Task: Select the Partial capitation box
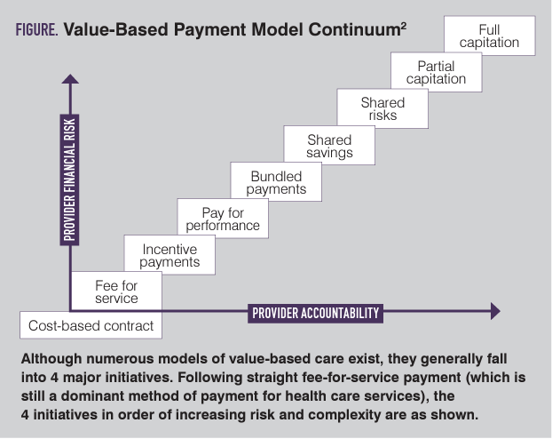437,73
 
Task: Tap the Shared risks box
383,109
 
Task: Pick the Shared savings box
329,146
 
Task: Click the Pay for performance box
223,219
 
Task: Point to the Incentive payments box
170,255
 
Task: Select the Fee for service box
116,291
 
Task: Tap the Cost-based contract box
91,325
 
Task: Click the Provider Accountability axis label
316,312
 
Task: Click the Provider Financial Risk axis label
68,179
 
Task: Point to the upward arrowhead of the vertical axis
69,81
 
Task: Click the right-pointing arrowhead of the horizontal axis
494,312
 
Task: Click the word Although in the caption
51,359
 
